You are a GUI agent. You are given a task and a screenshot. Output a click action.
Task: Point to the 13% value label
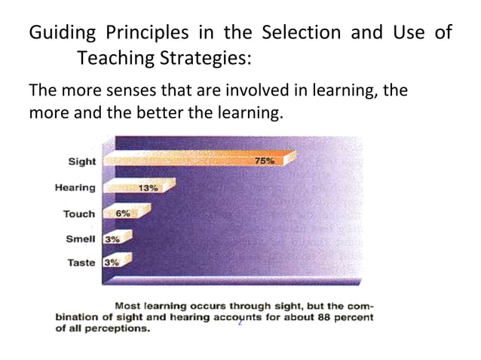[x=147, y=188]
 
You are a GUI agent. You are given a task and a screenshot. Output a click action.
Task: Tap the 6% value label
[x=122, y=213]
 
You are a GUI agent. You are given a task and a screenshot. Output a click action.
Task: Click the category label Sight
[x=82, y=161]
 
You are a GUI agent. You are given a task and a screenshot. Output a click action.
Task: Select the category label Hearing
[x=75, y=188]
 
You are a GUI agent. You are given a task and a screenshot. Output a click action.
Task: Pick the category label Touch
[x=78, y=214]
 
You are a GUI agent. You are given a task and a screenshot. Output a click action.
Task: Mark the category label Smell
[x=81, y=239]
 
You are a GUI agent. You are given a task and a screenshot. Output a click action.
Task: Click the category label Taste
[x=81, y=263]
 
